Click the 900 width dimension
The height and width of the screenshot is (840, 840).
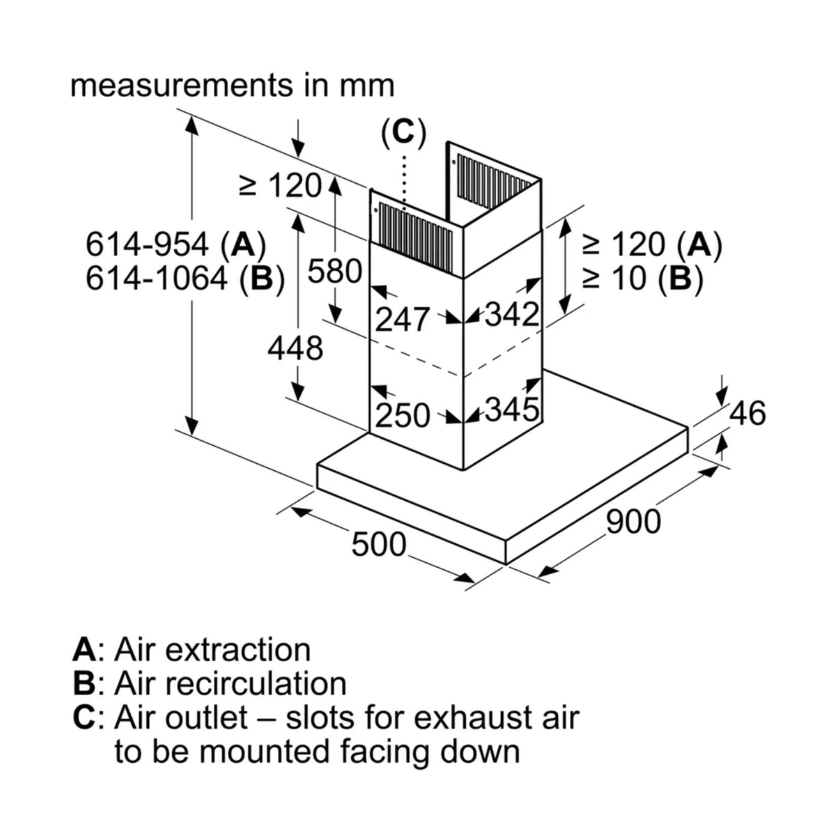point(633,521)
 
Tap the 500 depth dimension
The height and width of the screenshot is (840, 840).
point(378,544)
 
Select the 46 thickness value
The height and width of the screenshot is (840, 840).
point(747,413)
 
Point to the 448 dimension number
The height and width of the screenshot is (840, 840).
point(295,348)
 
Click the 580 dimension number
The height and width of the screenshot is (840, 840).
point(335,271)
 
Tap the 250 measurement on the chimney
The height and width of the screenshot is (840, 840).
point(402,415)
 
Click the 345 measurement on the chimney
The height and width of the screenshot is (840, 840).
point(511,409)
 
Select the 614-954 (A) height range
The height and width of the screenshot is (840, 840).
point(176,244)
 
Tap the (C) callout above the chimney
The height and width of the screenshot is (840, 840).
point(404,133)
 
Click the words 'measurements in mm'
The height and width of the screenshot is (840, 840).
point(232,85)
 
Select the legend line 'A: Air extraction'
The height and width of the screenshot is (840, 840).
point(191,650)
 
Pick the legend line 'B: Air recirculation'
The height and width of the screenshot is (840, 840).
point(209,683)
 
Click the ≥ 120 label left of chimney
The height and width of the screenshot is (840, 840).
point(280,185)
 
